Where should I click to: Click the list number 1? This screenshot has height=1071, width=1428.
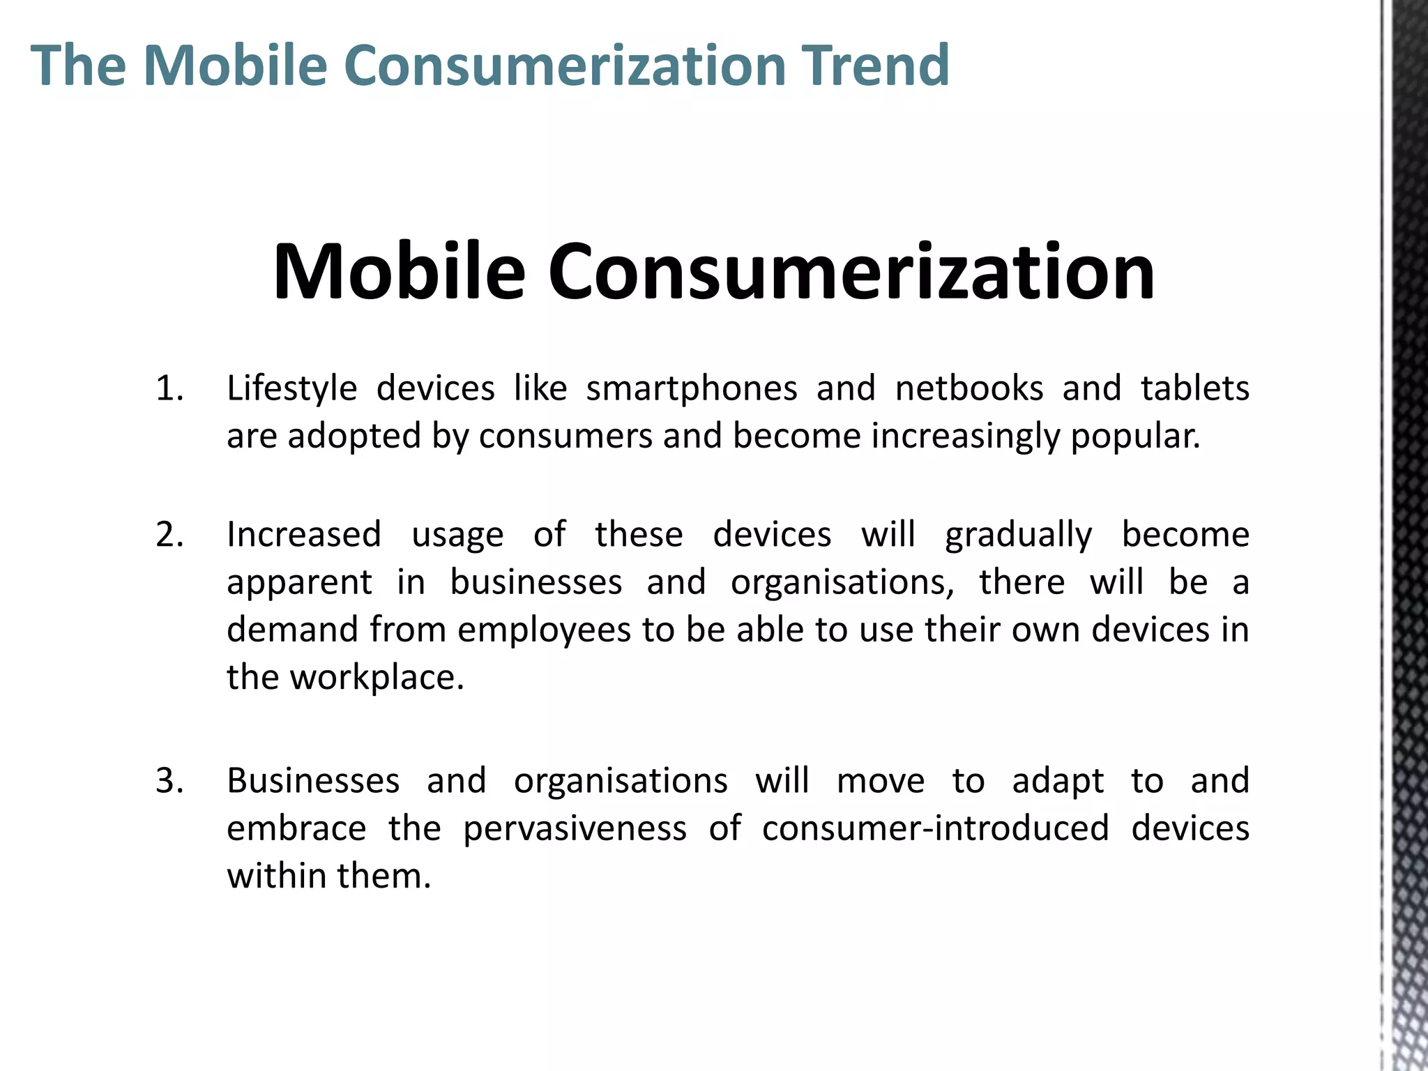click(x=169, y=388)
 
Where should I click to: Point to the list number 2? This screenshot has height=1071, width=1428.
click(x=169, y=535)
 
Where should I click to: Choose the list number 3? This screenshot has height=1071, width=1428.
click(x=169, y=781)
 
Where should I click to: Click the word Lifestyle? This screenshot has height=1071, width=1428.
click(x=291, y=388)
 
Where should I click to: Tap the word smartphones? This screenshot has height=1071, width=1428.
click(x=691, y=388)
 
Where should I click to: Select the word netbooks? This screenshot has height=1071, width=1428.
click(x=969, y=388)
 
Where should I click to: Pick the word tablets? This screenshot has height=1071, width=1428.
click(x=1194, y=388)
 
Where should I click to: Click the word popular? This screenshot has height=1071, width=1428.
click(x=1135, y=436)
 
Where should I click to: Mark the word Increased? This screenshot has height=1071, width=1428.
click(x=304, y=535)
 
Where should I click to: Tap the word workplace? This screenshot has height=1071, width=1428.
click(x=377, y=678)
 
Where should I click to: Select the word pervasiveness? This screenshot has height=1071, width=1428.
click(x=575, y=828)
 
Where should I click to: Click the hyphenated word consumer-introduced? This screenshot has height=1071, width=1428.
click(x=935, y=828)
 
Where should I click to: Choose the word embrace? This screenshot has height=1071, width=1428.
click(x=296, y=828)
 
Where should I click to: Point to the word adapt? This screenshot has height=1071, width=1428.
click(x=1058, y=782)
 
